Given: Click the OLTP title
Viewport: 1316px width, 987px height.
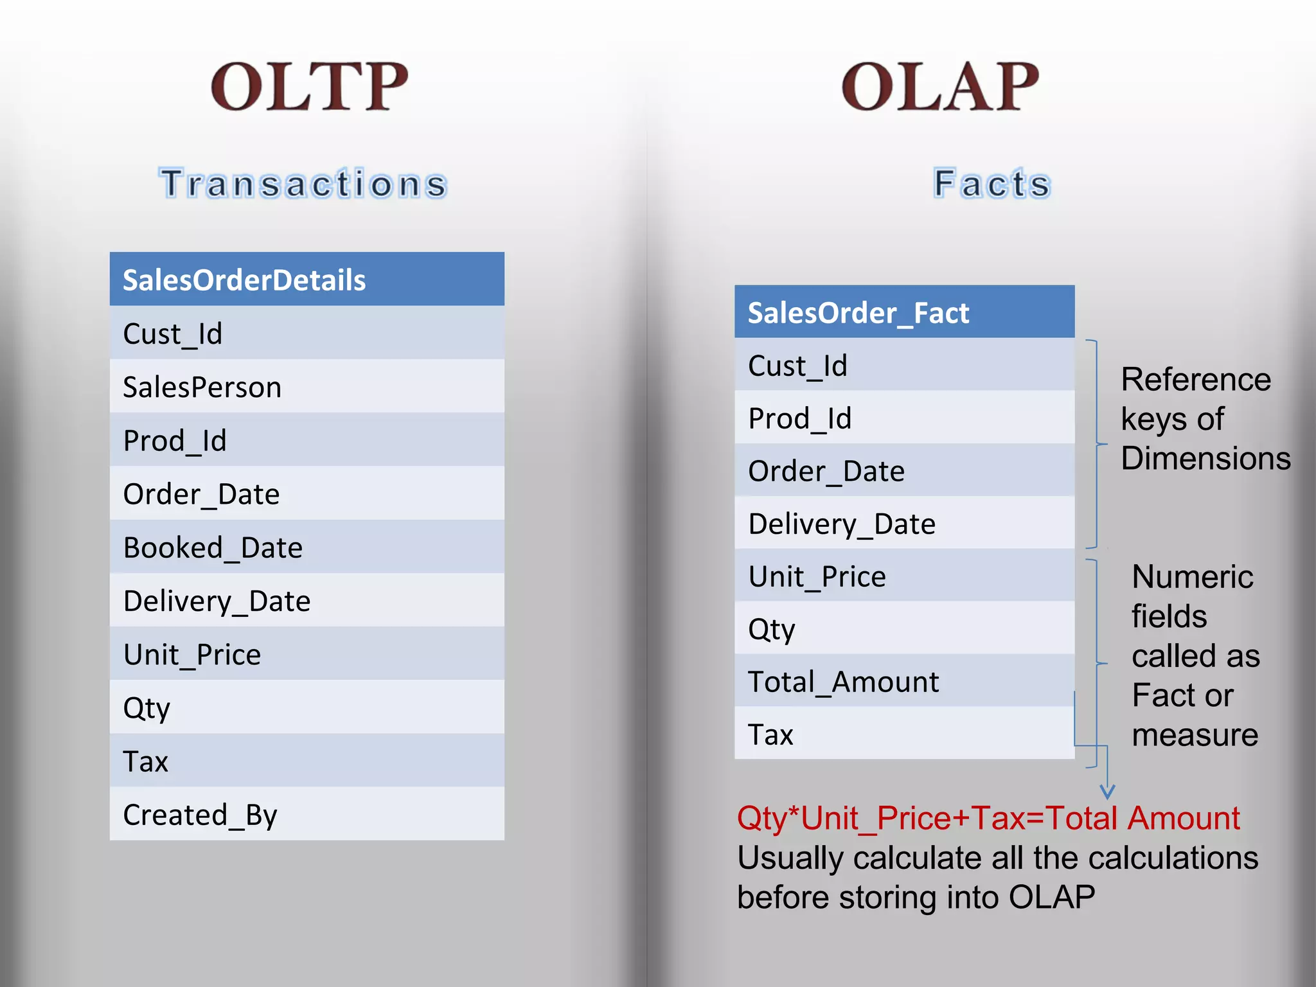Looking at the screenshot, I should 309,87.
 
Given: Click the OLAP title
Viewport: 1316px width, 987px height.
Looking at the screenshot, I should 939,87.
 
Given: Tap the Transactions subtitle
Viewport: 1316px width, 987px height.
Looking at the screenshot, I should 303,184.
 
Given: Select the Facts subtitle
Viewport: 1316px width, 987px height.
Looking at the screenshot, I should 991,184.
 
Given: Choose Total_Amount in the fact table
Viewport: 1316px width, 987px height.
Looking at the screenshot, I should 843,682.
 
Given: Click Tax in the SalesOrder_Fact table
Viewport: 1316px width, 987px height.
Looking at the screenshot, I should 770,734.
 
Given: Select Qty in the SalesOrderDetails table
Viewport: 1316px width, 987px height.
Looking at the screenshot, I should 147,709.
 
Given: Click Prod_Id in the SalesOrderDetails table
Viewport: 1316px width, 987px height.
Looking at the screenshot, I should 175,441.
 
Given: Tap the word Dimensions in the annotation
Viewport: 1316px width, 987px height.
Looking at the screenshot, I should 1205,459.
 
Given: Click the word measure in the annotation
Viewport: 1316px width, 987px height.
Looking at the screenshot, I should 1195,734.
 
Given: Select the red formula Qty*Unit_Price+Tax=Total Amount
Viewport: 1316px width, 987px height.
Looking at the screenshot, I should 988,819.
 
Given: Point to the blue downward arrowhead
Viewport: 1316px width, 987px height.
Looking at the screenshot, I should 1107,792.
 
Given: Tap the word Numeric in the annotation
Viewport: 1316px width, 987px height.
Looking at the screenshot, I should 1192,576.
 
